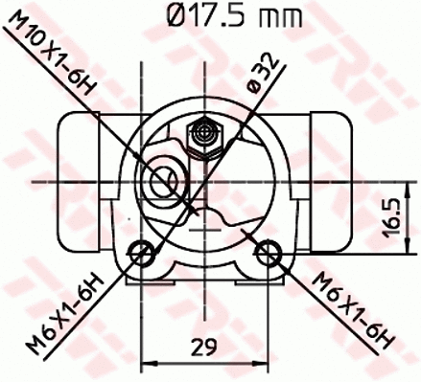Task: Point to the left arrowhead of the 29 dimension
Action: click(147, 362)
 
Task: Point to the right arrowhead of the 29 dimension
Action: click(264, 362)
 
